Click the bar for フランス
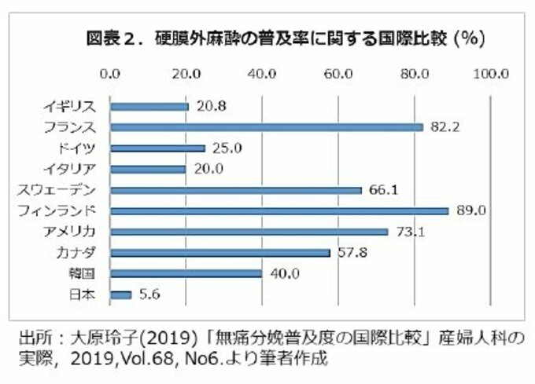point(266,126)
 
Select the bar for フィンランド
point(279,210)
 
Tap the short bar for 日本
point(120,294)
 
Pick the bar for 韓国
point(186,273)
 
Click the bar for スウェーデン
point(235,189)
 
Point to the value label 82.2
point(443,126)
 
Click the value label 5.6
point(151,294)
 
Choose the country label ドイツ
point(79,148)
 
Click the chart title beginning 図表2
point(284,37)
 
